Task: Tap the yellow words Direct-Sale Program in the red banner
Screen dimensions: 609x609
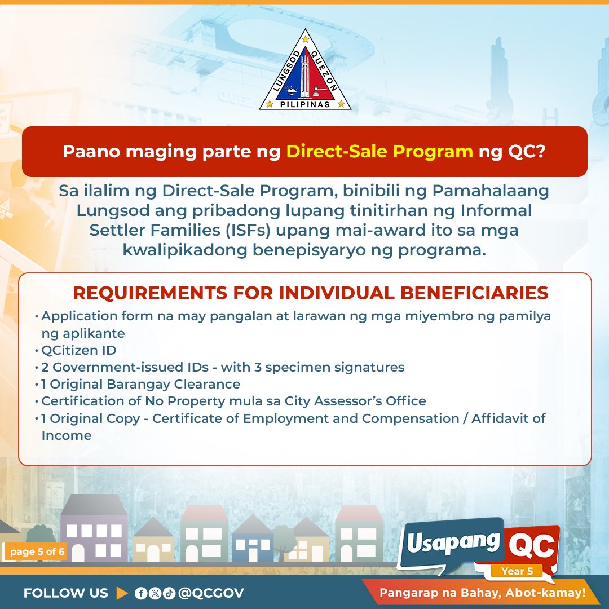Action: pos(379,152)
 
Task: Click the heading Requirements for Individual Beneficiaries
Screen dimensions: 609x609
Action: pos(311,293)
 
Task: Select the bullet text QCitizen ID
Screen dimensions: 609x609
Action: pos(79,350)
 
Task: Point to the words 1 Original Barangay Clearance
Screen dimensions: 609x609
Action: pos(141,384)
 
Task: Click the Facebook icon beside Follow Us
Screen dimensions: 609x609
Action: pos(140,593)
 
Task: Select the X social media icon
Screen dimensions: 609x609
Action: pos(155,593)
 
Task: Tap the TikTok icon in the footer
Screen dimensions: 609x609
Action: pos(169,593)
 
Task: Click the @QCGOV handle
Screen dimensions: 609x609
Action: pos(210,593)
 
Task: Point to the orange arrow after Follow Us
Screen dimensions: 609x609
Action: pos(122,593)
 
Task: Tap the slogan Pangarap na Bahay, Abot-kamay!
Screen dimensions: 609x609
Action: pos(482,593)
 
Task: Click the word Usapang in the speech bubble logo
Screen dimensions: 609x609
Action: pos(453,542)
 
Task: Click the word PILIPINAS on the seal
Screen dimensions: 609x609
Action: pos(305,103)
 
